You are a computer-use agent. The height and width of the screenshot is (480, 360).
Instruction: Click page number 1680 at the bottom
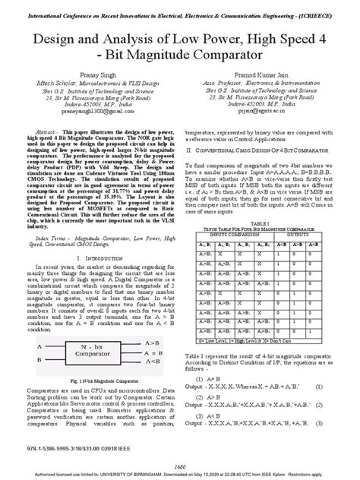(x=179, y=465)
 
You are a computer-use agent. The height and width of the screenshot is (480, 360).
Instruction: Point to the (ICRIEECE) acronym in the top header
(x=325, y=12)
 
